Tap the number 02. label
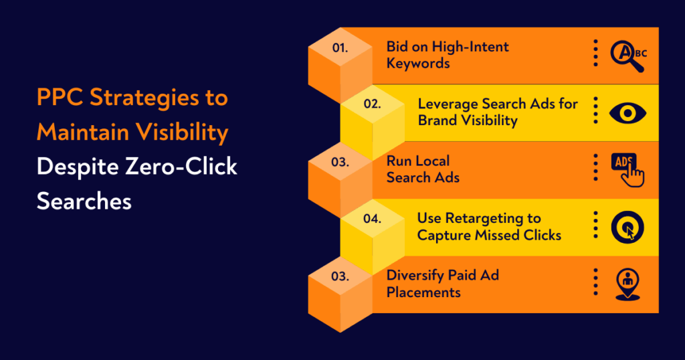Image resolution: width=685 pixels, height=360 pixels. tap(372, 104)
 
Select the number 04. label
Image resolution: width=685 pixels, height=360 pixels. tap(372, 218)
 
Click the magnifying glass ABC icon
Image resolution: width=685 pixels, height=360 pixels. tap(628, 56)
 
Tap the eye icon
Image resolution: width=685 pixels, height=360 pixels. tap(627, 112)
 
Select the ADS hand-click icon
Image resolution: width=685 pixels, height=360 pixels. tap(627, 169)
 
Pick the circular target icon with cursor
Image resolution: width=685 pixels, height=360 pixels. tap(627, 228)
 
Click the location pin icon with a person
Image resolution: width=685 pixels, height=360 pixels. tap(628, 284)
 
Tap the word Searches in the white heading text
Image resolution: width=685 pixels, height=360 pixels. tap(84, 201)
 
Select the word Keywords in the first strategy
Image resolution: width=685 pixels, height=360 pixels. tap(418, 64)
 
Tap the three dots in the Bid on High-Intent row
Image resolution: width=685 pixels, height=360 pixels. tap(595, 53)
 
